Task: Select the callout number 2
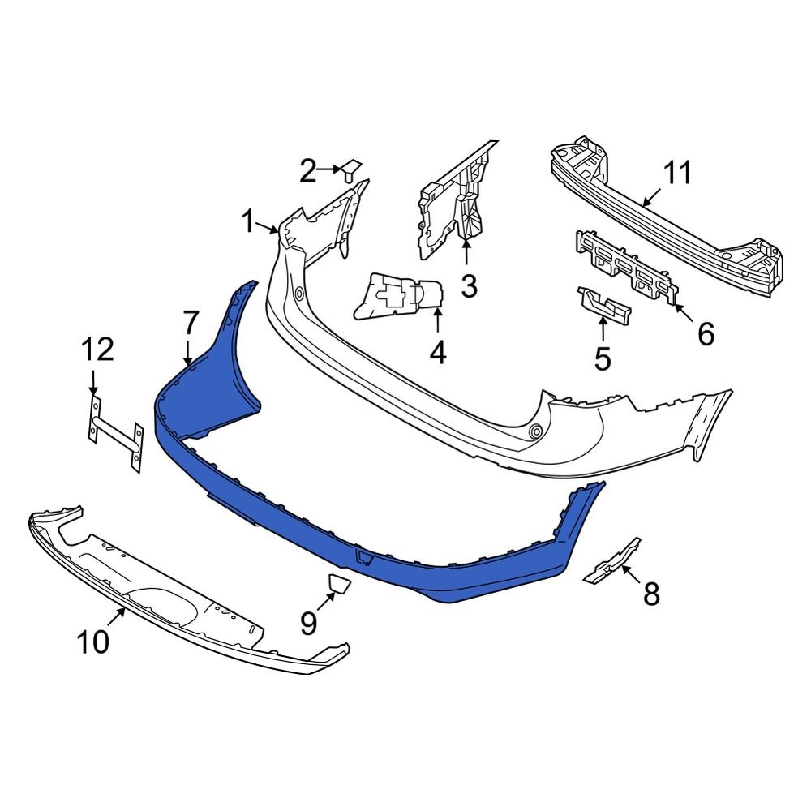tap(307, 171)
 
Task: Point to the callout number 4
tap(438, 353)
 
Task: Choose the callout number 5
tap(602, 358)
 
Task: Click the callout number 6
tap(706, 333)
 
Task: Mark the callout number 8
tap(651, 594)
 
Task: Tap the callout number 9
tap(308, 623)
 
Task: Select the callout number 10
tap(93, 642)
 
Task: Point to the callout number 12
tap(97, 350)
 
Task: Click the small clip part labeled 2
tap(351, 169)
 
